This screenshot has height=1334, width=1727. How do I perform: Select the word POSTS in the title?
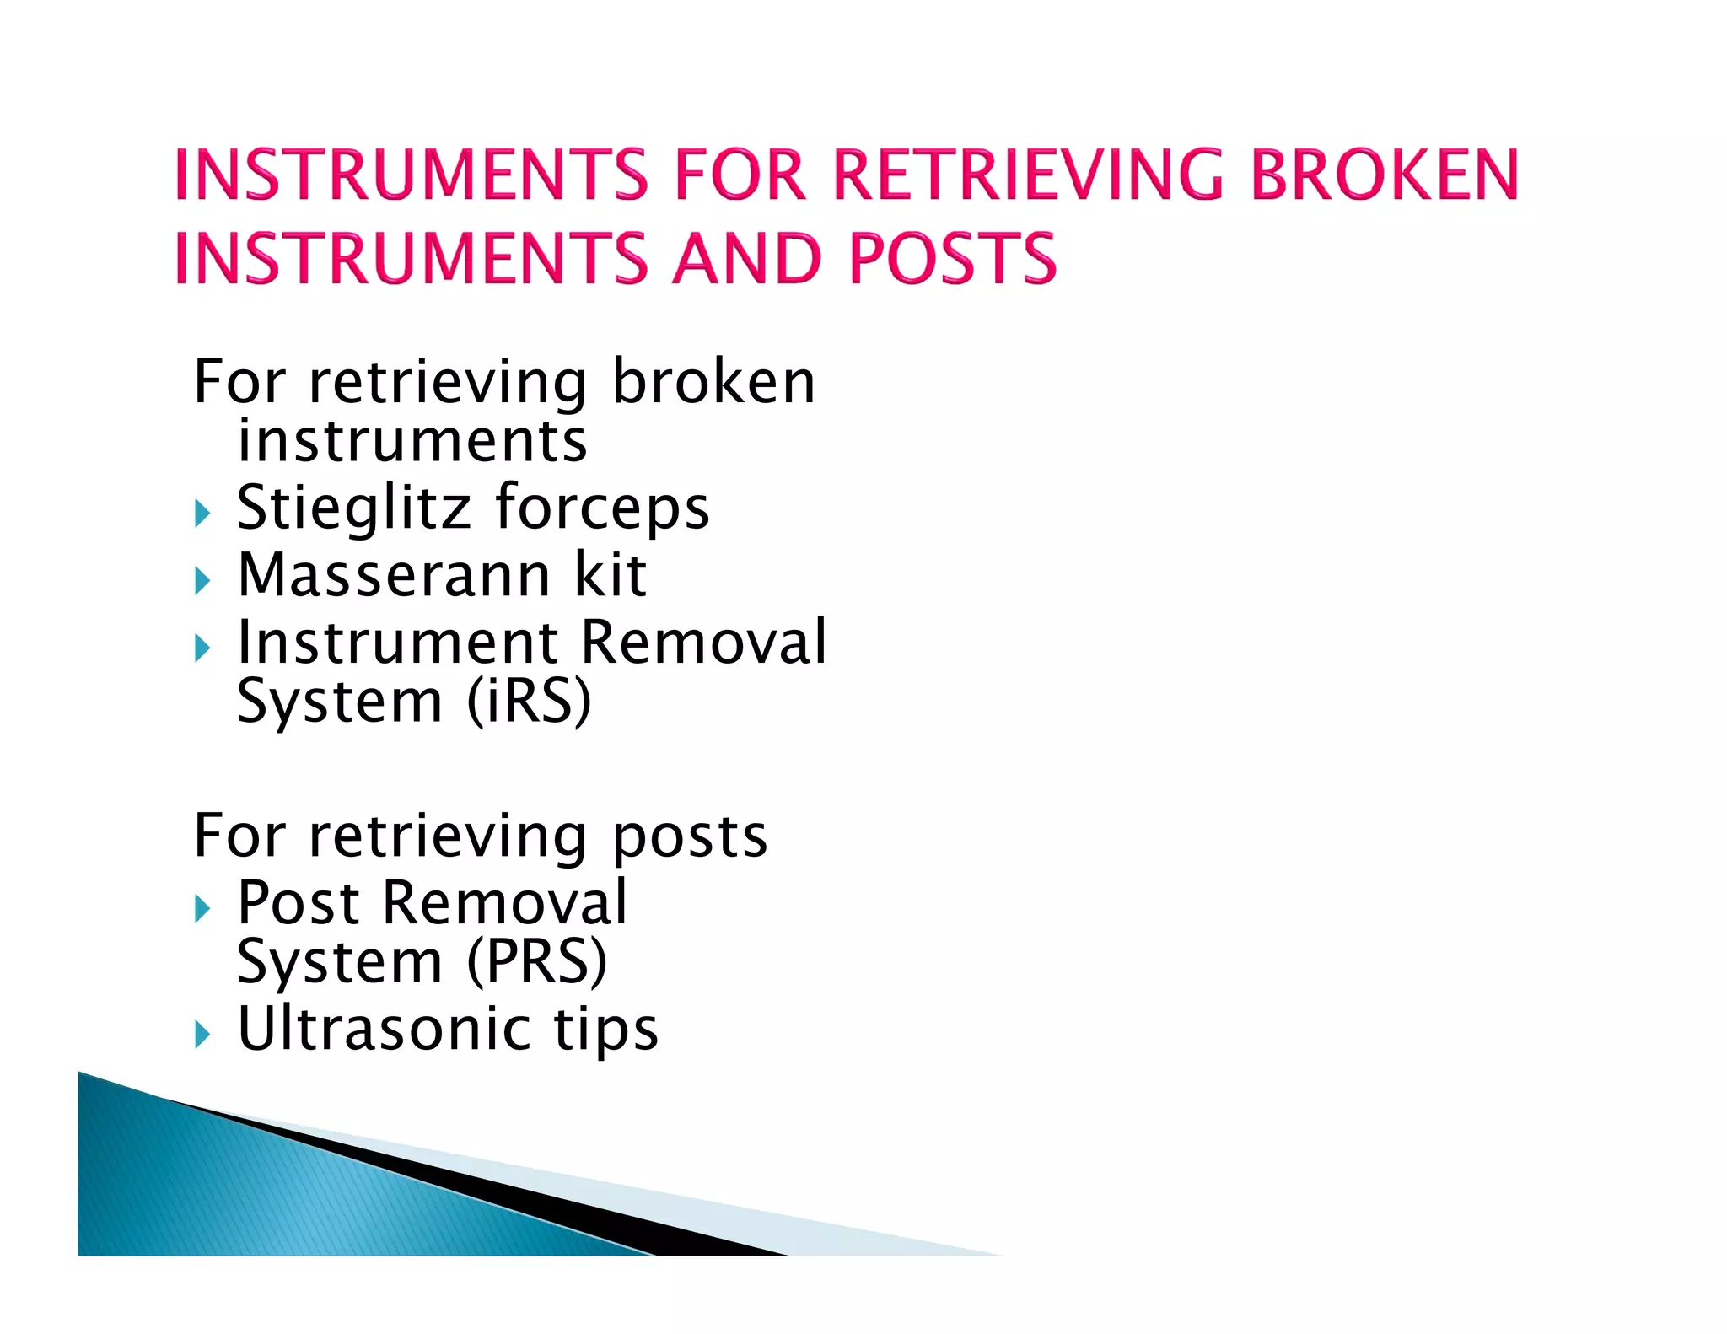pos(952,258)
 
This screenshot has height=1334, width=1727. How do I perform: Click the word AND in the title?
pos(746,258)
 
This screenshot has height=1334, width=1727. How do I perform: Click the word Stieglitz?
pos(353,508)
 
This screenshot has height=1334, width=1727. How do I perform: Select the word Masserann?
pos(394,575)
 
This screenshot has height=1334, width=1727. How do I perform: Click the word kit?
pos(610,575)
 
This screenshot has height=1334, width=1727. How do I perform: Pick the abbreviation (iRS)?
pos(529,702)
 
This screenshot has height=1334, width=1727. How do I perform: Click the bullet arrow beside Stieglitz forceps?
pos(202,513)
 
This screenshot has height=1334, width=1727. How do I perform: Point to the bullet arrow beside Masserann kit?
pos(202,580)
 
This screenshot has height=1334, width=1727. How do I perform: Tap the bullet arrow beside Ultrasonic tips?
pos(202,1034)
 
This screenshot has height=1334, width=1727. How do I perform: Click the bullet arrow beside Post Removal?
pos(202,909)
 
